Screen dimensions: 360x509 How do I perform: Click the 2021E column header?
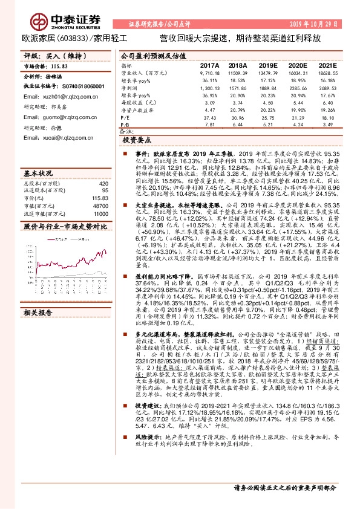pos(328,65)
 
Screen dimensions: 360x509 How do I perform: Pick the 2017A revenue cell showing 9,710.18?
pos(209,73)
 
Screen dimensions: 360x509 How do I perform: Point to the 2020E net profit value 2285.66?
pos(298,88)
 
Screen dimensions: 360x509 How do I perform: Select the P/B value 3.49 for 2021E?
pos(328,125)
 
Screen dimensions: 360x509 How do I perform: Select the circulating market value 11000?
pos(100,214)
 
